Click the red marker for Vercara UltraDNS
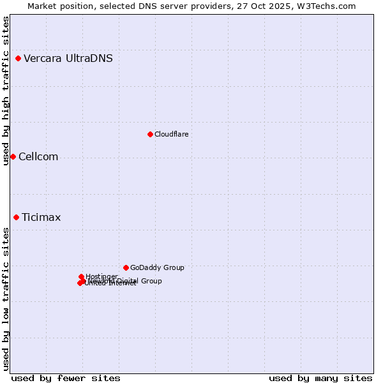(18, 59)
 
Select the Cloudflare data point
(150, 134)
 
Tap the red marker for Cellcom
(13, 157)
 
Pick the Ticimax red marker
(16, 218)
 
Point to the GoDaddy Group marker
(126, 268)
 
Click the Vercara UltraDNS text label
(68, 59)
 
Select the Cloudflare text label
(171, 134)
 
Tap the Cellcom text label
(38, 157)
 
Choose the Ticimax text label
(41, 218)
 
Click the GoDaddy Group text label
(157, 268)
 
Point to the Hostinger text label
(101, 276)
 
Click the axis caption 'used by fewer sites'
(66, 378)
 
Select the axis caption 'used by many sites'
(320, 378)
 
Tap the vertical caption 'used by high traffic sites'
(6, 91)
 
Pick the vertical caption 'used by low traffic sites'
(6, 299)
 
